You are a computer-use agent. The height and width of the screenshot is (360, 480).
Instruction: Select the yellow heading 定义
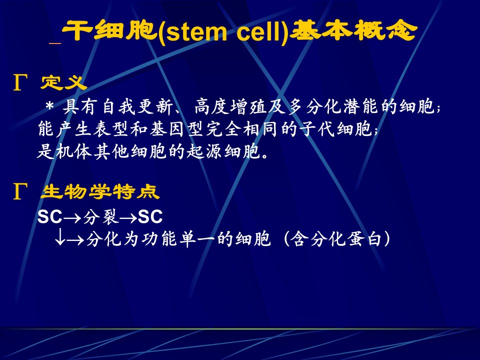coord(63,82)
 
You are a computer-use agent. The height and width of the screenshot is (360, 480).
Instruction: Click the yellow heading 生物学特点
coord(100,192)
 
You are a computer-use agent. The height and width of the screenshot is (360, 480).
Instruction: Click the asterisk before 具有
coord(49,107)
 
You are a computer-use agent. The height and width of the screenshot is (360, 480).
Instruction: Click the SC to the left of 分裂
coord(49,216)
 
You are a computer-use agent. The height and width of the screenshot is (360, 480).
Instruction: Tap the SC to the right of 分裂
coord(150,216)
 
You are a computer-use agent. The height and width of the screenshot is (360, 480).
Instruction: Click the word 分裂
coord(100,216)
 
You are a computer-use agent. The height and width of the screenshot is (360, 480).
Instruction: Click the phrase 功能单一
coord(177,239)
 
